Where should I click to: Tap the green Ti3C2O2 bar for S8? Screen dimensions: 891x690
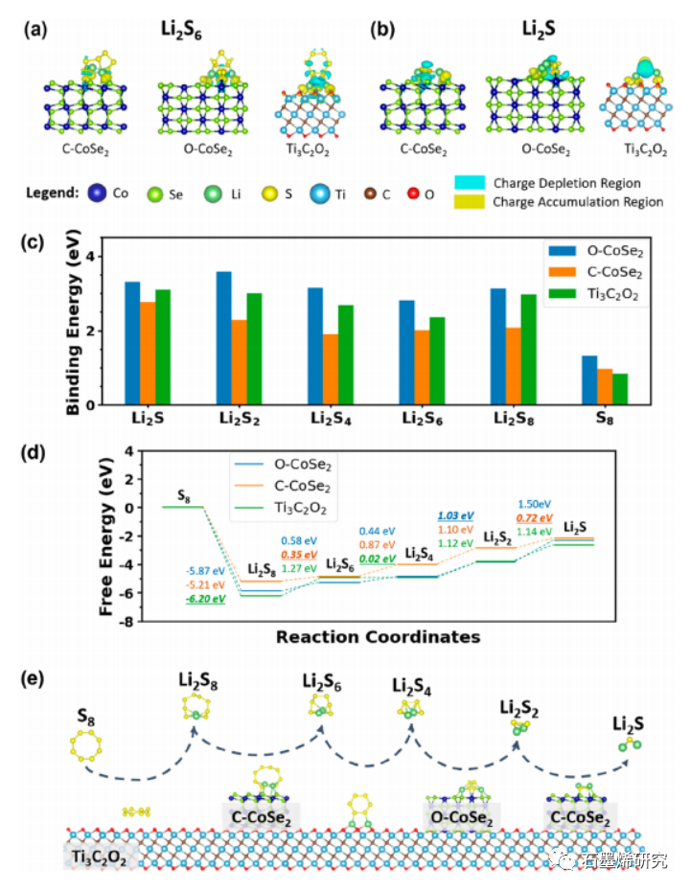click(x=620, y=389)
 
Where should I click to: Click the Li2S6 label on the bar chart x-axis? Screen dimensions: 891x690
click(x=431, y=421)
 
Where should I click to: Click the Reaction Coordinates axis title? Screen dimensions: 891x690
click(x=378, y=636)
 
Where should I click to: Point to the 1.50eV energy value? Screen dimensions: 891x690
click(x=535, y=503)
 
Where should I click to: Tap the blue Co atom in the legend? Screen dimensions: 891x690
click(x=98, y=193)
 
